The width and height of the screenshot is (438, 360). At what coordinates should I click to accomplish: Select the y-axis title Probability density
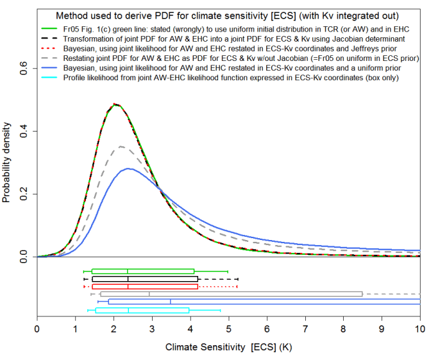pos(8,163)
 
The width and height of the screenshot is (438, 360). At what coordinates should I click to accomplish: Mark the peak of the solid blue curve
pos(129,169)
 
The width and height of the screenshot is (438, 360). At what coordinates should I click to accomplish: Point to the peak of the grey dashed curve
pos(121,147)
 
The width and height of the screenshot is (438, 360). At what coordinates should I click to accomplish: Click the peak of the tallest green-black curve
pos(114,104)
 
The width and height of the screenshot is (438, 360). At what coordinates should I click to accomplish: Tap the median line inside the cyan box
pos(128,310)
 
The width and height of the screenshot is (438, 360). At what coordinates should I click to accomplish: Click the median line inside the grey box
pos(149,294)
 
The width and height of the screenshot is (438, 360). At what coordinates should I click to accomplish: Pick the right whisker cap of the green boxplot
pos(228,271)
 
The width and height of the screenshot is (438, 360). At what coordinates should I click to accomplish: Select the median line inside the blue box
pos(171,302)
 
